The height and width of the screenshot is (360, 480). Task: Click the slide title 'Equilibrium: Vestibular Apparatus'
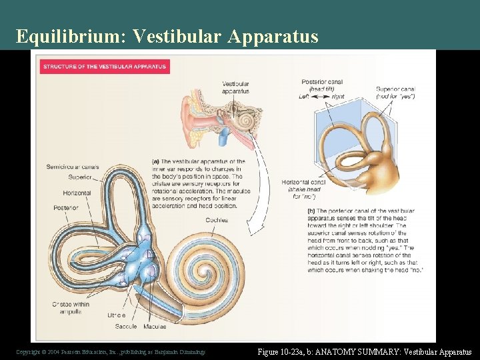[167, 36]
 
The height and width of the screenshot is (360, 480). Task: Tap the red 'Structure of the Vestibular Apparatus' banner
[105, 67]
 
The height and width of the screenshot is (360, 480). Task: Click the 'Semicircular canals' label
[73, 166]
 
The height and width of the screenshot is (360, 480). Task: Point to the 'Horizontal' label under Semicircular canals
[77, 193]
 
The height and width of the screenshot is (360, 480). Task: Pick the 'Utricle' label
[117, 315]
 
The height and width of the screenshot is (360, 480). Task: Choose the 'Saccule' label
[125, 326]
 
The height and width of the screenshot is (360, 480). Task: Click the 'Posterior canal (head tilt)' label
[321, 85]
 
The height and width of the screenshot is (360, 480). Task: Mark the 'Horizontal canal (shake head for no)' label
[304, 189]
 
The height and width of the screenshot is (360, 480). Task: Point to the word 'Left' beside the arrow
[305, 97]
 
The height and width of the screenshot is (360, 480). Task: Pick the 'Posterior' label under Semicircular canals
[67, 208]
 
